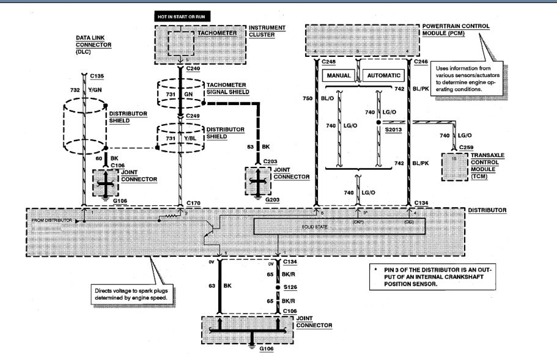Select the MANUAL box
click(339, 76)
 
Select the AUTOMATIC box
click(385, 76)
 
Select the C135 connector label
click(97, 76)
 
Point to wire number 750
click(308, 97)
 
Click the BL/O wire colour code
click(327, 97)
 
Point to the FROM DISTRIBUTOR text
click(51, 219)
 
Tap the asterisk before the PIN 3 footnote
click(374, 268)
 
